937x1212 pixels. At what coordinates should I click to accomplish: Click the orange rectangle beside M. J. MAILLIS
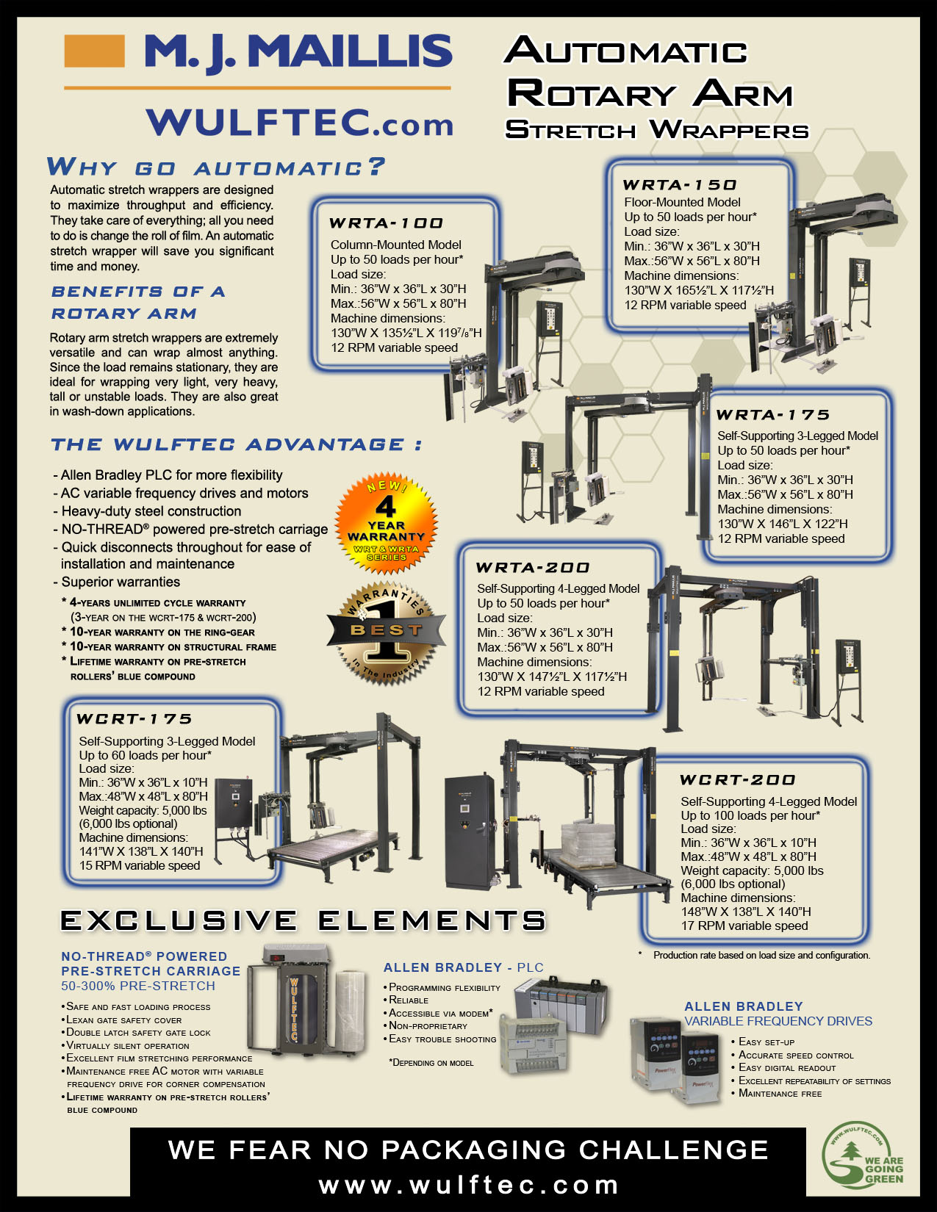[x=94, y=51]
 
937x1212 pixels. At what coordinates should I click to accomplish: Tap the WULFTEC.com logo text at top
[x=300, y=122]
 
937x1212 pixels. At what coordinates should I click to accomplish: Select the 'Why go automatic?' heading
[x=216, y=167]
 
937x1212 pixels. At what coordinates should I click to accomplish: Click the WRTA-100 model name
[x=386, y=223]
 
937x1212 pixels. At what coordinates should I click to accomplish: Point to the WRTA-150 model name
[x=679, y=184]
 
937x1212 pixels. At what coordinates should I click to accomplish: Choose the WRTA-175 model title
[x=772, y=414]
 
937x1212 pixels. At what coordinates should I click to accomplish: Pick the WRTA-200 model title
[x=532, y=567]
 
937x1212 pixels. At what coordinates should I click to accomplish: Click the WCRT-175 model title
[x=134, y=718]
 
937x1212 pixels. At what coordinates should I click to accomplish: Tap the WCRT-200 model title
[x=737, y=779]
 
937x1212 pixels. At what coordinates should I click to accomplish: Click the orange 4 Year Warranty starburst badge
[x=386, y=523]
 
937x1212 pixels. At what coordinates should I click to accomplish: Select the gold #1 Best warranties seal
[x=386, y=632]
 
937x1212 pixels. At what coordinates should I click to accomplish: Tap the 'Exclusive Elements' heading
[x=303, y=920]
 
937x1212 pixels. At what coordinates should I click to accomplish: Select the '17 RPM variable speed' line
[x=744, y=926]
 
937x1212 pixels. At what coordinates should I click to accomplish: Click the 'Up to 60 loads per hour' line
[x=145, y=754]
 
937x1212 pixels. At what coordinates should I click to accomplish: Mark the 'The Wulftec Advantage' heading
[x=237, y=444]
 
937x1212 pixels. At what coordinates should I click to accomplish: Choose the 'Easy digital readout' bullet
[x=787, y=1067]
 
